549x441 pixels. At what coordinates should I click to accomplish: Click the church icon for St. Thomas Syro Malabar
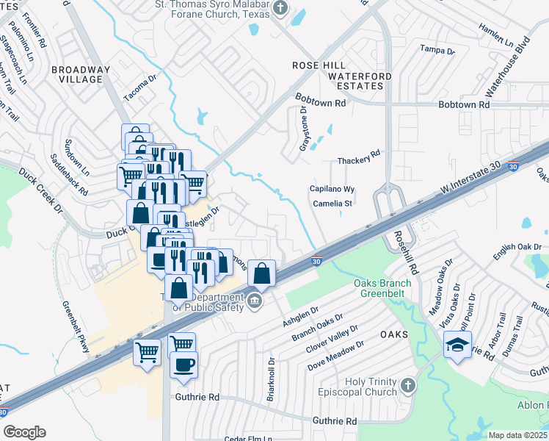pos(280,8)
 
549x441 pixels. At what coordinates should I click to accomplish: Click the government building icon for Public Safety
pos(254,300)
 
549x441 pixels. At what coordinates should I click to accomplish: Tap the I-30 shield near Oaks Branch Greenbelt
pos(316,260)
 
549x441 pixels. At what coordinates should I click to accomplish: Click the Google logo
pos(24,432)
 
